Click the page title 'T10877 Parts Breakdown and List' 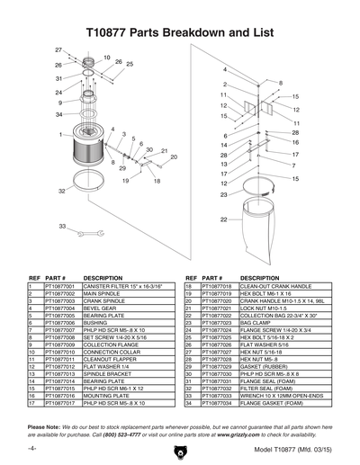[x=180, y=31]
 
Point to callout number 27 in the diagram [x=58, y=48]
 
